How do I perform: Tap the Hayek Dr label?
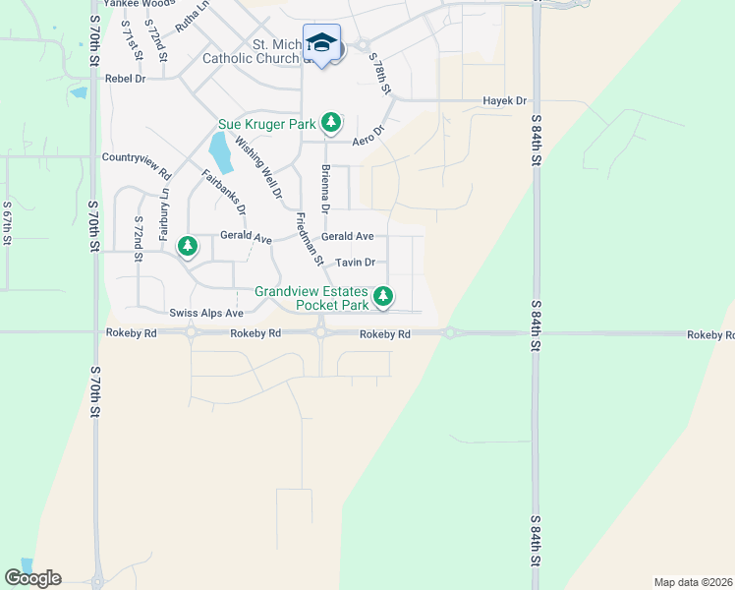coord(505,101)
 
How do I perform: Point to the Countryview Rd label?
coord(137,157)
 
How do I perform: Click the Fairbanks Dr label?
coord(224,193)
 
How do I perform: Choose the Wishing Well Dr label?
coord(258,166)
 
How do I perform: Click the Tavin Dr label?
coord(356,263)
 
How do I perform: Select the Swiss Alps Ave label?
coord(205,313)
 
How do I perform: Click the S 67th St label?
coord(7,222)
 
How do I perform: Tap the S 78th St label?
coord(380,75)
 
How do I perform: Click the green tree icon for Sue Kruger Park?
coord(332,122)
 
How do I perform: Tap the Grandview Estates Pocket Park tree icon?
coord(384,295)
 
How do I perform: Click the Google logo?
coord(32,578)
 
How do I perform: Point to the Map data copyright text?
coord(693,582)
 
